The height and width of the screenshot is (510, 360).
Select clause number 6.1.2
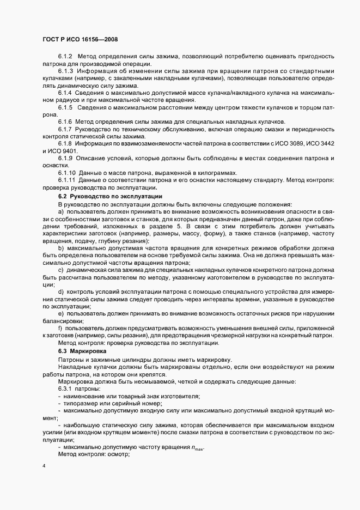(65, 57)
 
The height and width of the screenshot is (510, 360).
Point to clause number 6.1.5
(65, 107)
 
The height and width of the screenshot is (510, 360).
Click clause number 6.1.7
(65, 128)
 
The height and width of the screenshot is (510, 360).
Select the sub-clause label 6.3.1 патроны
(78, 388)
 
